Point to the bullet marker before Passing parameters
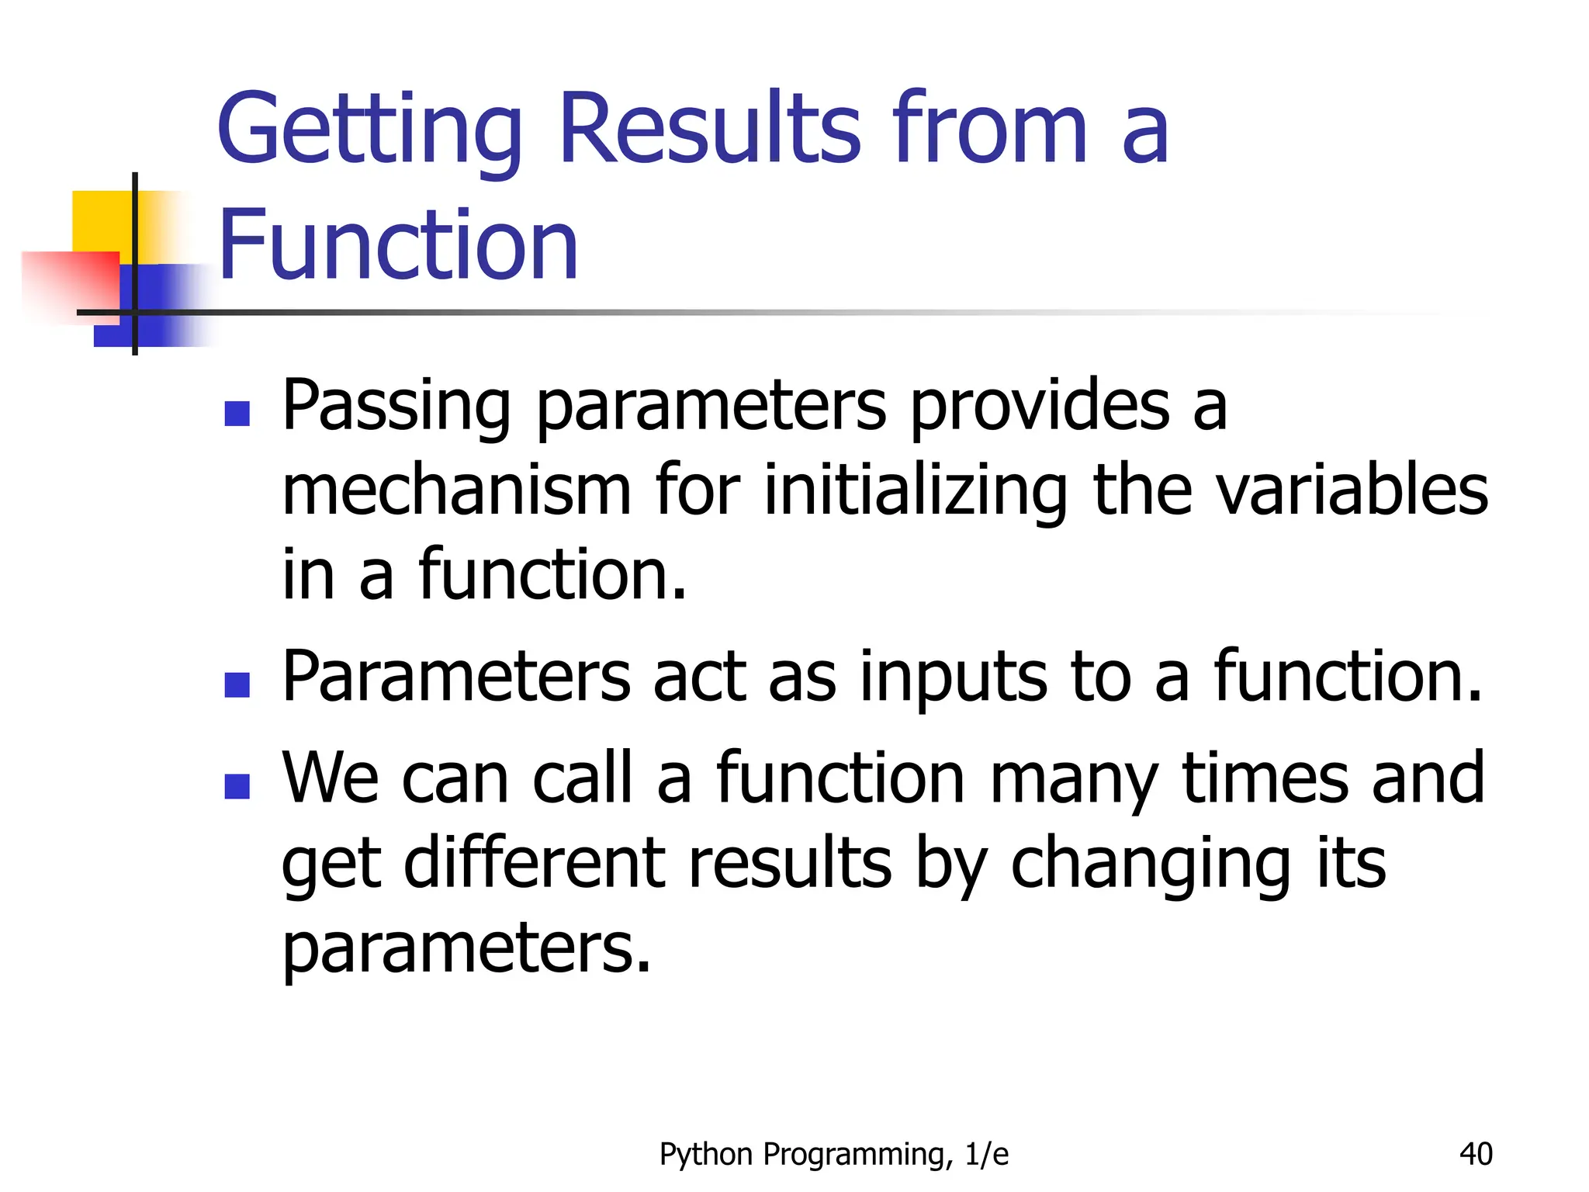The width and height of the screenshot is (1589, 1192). click(237, 414)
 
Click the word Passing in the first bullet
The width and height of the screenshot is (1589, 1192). click(396, 407)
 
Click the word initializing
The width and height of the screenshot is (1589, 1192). click(916, 492)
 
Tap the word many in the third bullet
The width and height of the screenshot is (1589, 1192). click(1074, 781)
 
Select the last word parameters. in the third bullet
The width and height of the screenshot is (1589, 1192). click(466, 950)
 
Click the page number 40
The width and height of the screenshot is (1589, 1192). click(1475, 1154)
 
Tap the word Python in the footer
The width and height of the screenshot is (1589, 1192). click(706, 1155)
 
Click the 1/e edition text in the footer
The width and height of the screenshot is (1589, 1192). click(987, 1155)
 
